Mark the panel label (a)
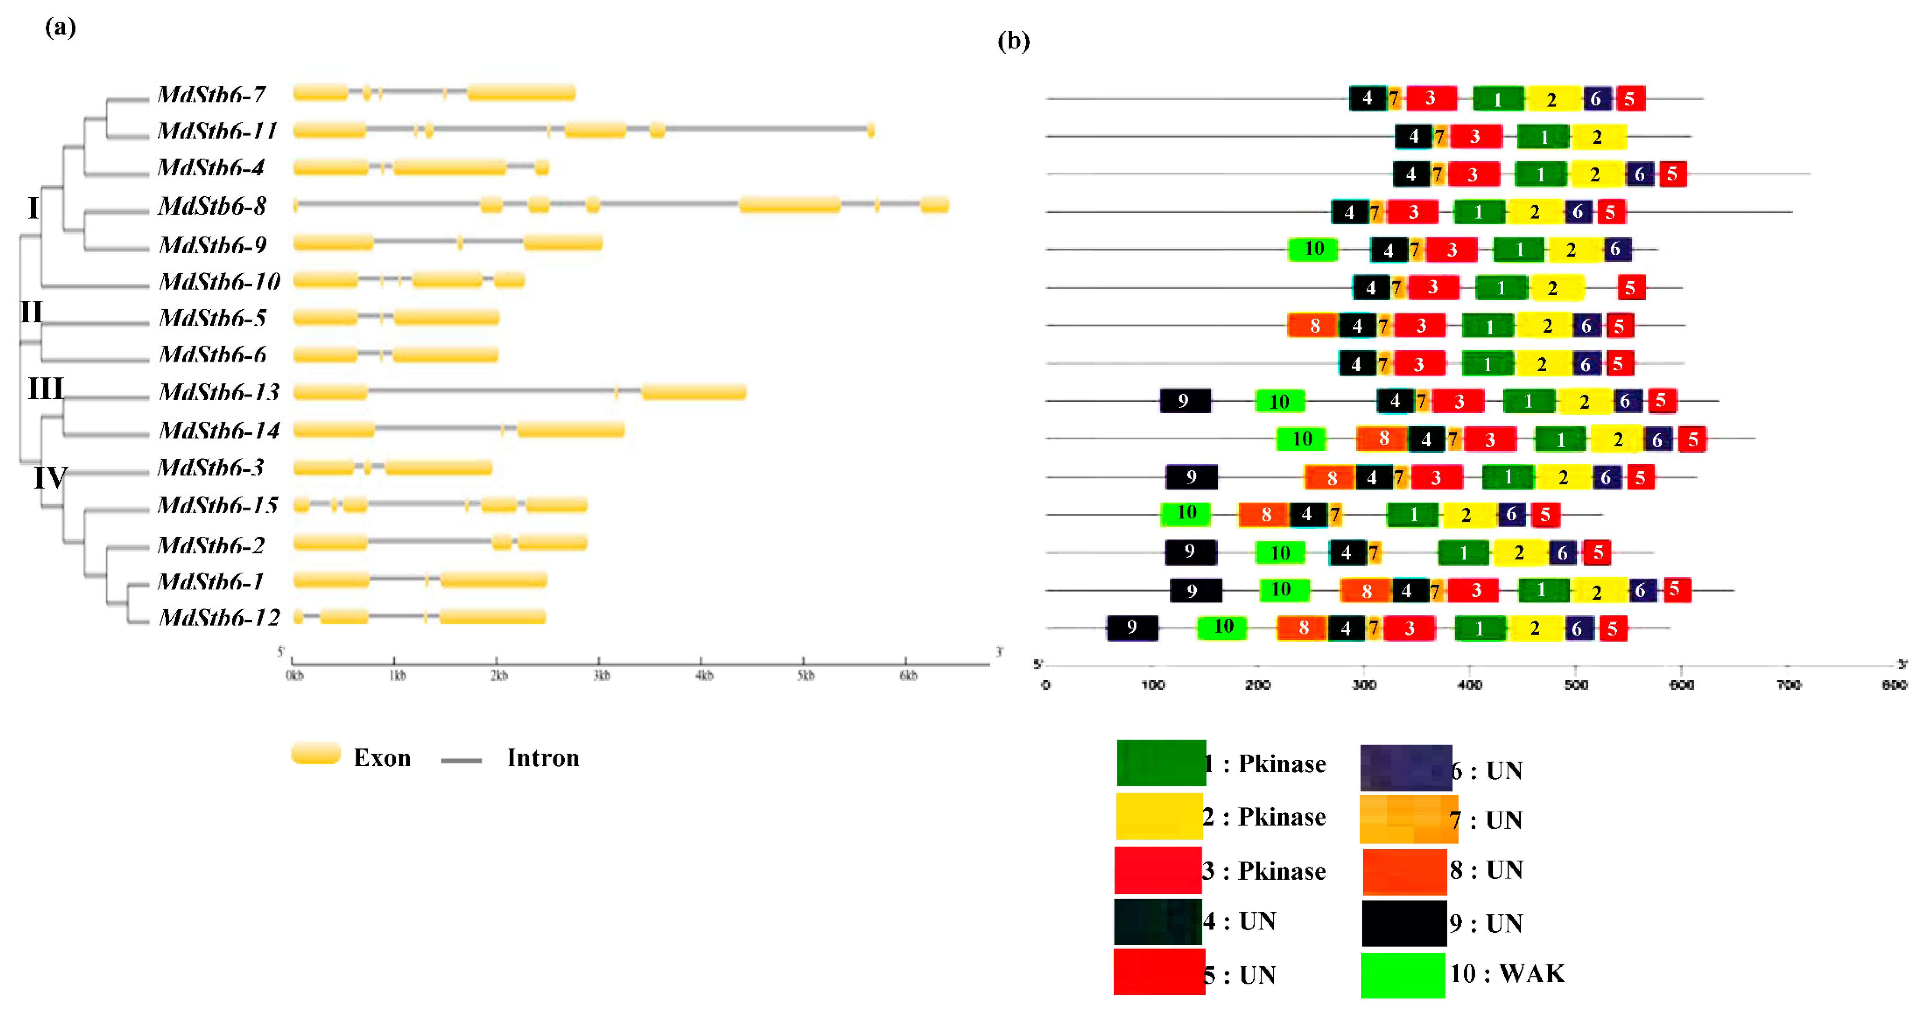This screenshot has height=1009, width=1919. pos(60,28)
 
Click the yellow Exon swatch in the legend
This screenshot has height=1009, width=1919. pos(316,754)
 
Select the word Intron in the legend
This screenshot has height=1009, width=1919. pos(543,758)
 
